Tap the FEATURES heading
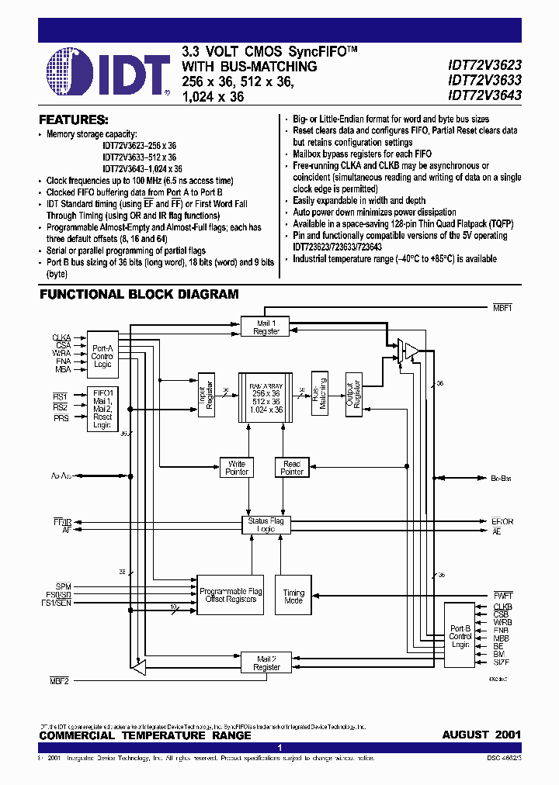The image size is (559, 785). [74, 120]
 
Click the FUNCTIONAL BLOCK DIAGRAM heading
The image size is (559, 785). [139, 295]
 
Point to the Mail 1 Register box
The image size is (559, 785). [266, 327]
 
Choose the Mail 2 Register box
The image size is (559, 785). [266, 662]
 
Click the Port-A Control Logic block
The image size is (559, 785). [102, 357]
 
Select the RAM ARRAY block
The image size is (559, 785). [266, 401]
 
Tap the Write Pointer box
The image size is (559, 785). [237, 468]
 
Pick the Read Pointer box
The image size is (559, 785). [292, 468]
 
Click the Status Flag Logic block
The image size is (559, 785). [266, 525]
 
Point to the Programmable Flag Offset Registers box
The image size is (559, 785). [231, 595]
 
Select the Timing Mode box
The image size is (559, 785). [293, 596]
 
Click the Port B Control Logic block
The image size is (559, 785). [460, 637]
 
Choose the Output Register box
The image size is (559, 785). [354, 393]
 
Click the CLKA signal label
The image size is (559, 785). [61, 337]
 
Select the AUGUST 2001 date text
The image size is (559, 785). [481, 735]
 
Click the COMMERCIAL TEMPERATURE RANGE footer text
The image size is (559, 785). [145, 735]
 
